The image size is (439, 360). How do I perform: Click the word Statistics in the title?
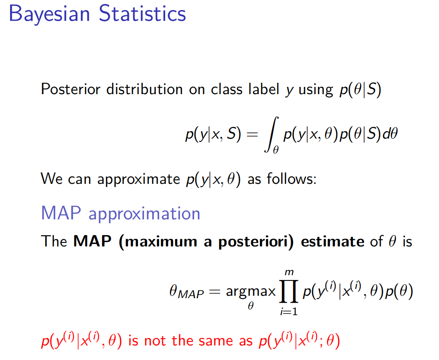coord(142,13)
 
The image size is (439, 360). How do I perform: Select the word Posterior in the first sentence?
coord(70,89)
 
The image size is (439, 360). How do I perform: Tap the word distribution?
coord(144,89)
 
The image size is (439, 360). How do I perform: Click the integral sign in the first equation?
coord(271,134)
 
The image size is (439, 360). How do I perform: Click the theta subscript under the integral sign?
coord(276,150)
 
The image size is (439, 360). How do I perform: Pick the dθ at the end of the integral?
coord(390,133)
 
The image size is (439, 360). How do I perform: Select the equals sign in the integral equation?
coord(252,135)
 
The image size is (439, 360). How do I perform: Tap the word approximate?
coord(138,179)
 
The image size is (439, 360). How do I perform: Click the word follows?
coord(291,179)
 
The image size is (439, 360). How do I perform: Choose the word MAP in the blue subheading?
coord(61,213)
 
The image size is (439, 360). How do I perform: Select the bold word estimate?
coord(333,242)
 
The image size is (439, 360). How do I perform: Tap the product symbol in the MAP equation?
coord(289,291)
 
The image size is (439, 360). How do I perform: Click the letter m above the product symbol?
coord(289,272)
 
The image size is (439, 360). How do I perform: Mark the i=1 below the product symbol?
coord(289,311)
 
